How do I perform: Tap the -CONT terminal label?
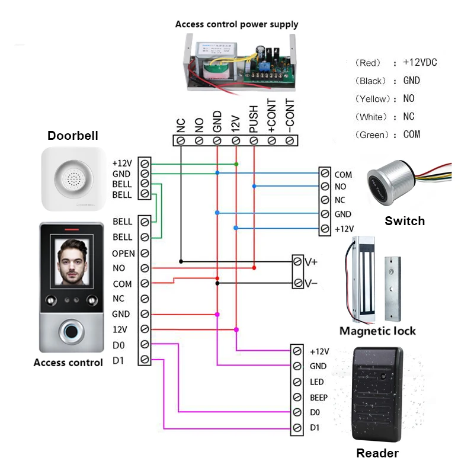click(x=290, y=121)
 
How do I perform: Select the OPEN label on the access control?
click(x=123, y=254)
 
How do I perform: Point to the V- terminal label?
click(x=311, y=284)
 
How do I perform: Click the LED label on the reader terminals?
click(x=317, y=382)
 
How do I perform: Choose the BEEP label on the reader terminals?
click(x=319, y=398)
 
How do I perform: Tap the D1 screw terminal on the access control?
click(x=145, y=360)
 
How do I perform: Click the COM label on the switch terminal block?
click(x=343, y=175)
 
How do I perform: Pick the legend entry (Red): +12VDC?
click(x=396, y=63)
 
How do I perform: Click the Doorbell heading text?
click(x=73, y=136)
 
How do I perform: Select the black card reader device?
click(x=376, y=393)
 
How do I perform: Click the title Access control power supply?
click(x=236, y=24)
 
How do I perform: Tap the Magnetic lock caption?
click(x=377, y=331)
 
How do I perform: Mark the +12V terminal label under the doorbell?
click(x=121, y=163)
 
